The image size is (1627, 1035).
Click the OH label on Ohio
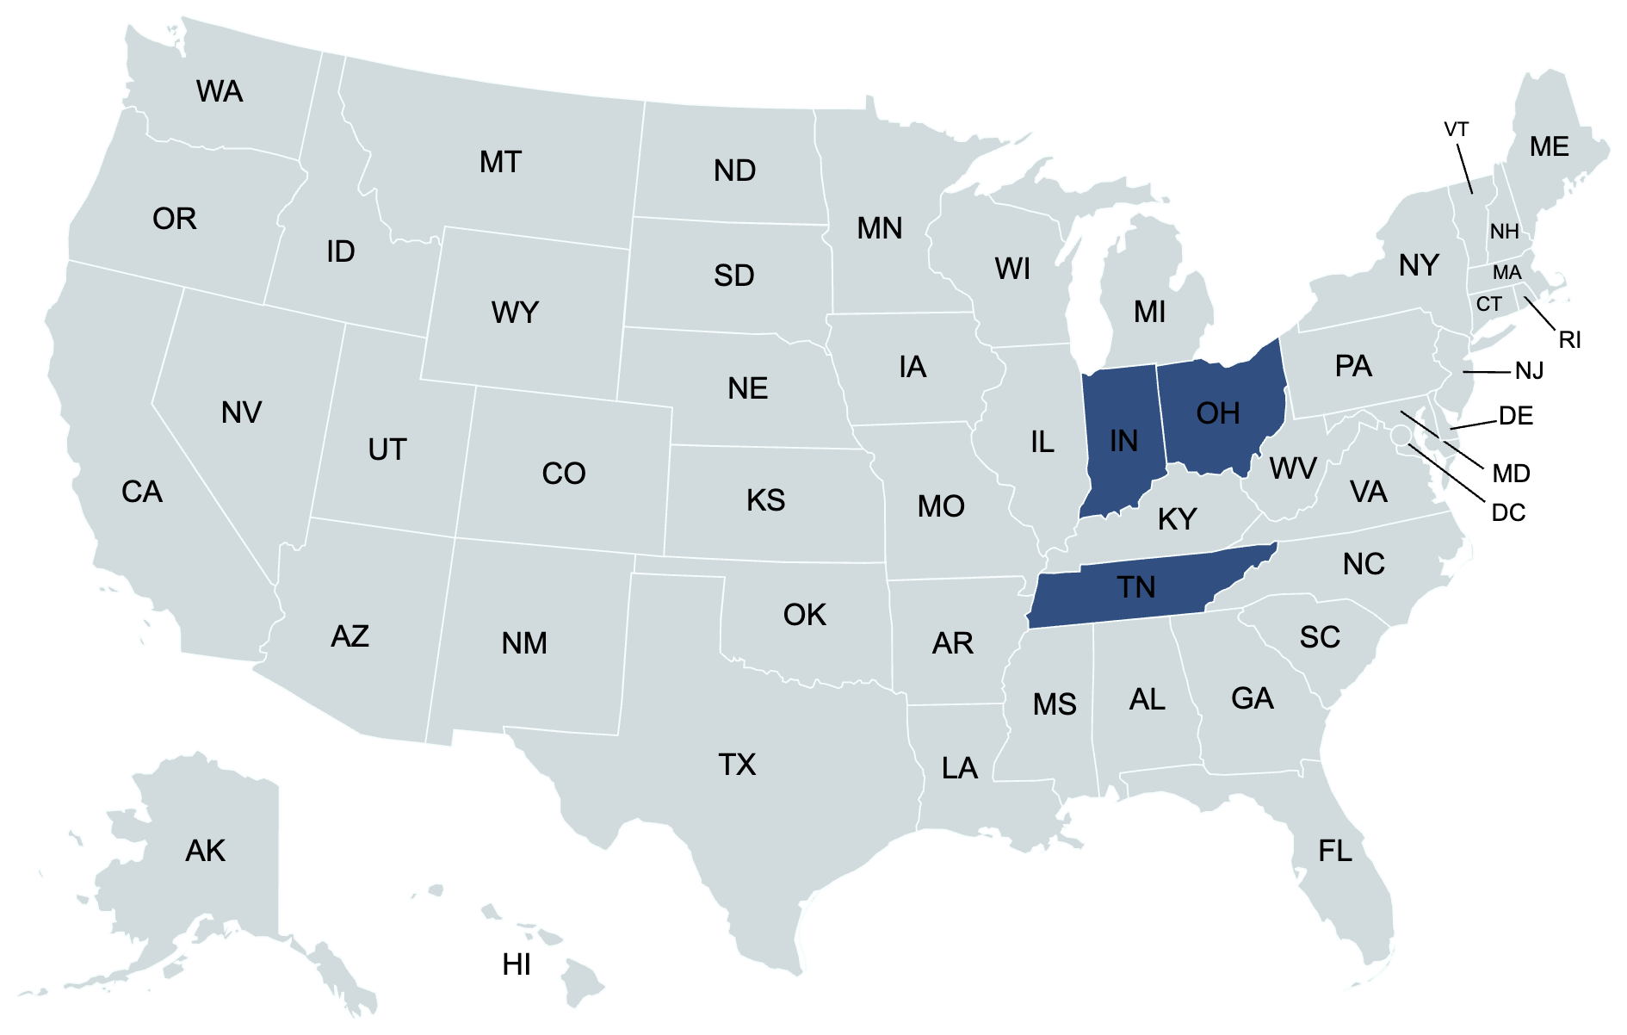pyautogui.click(x=1218, y=414)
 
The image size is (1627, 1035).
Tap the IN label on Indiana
pyautogui.click(x=1123, y=442)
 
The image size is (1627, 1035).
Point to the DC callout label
pyautogui.click(x=1508, y=513)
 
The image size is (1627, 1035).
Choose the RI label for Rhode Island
pyautogui.click(x=1569, y=340)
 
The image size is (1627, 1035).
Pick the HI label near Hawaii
pyautogui.click(x=517, y=965)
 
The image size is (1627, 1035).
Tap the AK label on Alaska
pyautogui.click(x=205, y=852)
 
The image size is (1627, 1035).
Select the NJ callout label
pyautogui.click(x=1529, y=371)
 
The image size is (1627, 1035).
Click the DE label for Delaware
pyautogui.click(x=1515, y=417)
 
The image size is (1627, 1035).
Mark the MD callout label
pyautogui.click(x=1511, y=474)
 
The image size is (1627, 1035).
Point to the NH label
pyautogui.click(x=1504, y=232)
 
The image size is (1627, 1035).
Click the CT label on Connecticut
pyautogui.click(x=1488, y=304)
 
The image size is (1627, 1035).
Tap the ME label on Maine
pyautogui.click(x=1549, y=147)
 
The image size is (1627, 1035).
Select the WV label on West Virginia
pyautogui.click(x=1292, y=469)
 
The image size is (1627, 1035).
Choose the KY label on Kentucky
pyautogui.click(x=1177, y=519)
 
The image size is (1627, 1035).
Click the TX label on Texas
pyautogui.click(x=737, y=765)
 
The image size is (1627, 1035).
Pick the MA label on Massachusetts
pyautogui.click(x=1506, y=273)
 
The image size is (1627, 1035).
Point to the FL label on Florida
pyautogui.click(x=1335, y=852)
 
